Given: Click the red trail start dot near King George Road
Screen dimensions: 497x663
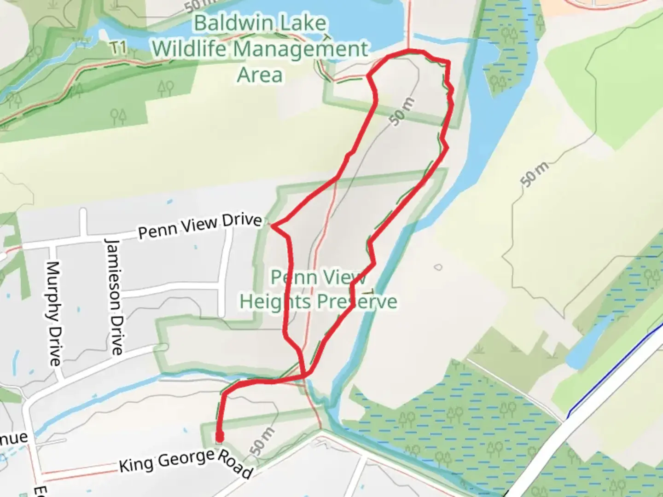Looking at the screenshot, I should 220,436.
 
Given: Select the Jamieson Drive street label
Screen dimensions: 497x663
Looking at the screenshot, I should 115,296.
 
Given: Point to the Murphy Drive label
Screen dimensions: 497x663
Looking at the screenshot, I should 54,314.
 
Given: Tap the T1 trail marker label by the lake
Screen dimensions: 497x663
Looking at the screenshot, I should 118,47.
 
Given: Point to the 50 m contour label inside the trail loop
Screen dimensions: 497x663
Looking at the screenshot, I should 401,111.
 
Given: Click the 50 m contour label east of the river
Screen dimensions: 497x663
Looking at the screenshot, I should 535,174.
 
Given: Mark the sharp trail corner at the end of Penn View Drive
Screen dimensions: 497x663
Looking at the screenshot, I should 273,225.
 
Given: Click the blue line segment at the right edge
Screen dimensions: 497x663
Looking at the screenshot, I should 612,372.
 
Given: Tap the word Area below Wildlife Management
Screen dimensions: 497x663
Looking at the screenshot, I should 259,75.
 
